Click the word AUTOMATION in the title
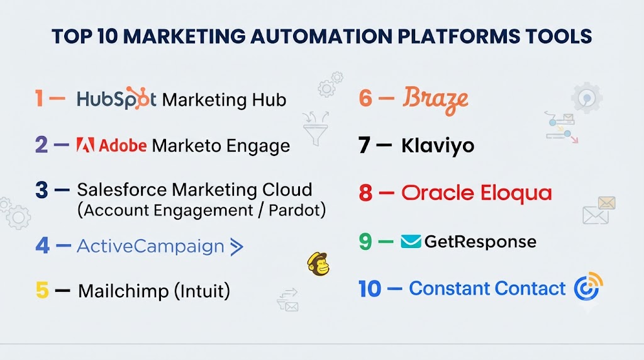coord(321,36)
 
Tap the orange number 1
coord(39,99)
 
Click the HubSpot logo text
coord(116,99)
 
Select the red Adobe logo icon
coord(86,145)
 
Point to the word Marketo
coord(187,145)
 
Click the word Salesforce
coord(122,190)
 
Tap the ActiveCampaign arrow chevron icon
coord(236,247)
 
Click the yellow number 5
coord(42,290)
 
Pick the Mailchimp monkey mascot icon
coord(318,264)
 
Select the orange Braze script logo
coord(436,100)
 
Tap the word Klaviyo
coord(438,146)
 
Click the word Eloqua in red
coord(516,193)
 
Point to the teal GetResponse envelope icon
coord(411,242)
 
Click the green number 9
coord(365,242)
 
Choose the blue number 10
coord(370,289)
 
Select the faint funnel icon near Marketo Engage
coord(316,128)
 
